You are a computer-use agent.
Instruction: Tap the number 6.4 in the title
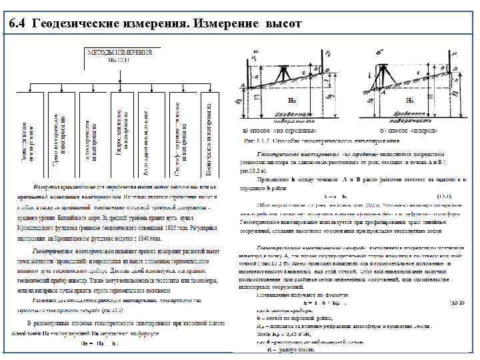click(x=20, y=24)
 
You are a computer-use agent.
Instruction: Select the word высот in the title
click(x=283, y=24)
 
